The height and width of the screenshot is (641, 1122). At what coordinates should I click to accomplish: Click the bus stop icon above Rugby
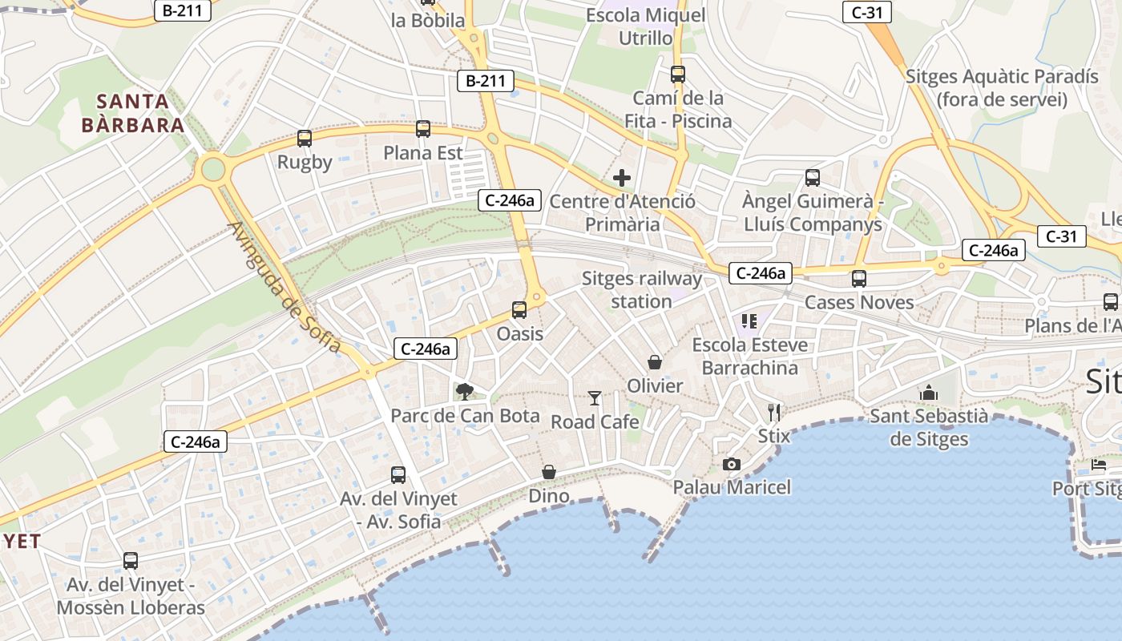pyautogui.click(x=305, y=138)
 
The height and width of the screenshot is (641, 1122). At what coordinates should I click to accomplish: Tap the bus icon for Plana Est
pyautogui.click(x=423, y=128)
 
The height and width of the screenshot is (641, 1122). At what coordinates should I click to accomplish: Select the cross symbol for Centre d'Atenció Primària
pyautogui.click(x=622, y=178)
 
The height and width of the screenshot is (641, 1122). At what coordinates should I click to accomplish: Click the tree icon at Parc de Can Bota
pyautogui.click(x=464, y=391)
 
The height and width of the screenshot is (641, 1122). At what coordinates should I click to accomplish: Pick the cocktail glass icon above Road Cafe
pyautogui.click(x=595, y=397)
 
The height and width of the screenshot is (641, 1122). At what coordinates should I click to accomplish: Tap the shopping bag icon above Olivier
pyautogui.click(x=655, y=362)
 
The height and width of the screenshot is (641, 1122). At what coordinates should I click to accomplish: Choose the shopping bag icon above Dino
pyautogui.click(x=549, y=472)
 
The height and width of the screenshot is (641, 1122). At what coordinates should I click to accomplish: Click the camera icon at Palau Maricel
pyautogui.click(x=731, y=464)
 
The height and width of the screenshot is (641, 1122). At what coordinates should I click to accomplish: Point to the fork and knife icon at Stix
pyautogui.click(x=774, y=412)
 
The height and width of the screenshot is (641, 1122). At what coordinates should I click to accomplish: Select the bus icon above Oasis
pyautogui.click(x=519, y=309)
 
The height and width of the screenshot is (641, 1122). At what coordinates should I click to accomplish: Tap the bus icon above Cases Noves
pyautogui.click(x=859, y=278)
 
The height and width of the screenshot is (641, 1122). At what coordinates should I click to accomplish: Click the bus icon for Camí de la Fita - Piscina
pyautogui.click(x=678, y=74)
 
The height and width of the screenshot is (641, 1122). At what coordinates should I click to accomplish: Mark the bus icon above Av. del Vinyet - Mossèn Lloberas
pyautogui.click(x=131, y=561)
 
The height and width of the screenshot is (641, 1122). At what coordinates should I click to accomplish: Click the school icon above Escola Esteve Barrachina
pyautogui.click(x=749, y=321)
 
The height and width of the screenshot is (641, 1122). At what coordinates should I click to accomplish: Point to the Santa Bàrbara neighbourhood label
pyautogui.click(x=133, y=114)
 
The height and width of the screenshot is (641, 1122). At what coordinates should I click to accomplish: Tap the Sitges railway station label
pyautogui.click(x=641, y=290)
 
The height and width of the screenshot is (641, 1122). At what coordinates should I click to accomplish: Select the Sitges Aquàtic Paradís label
pyautogui.click(x=1002, y=88)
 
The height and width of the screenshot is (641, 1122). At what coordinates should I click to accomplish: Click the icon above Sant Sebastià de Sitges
pyautogui.click(x=929, y=393)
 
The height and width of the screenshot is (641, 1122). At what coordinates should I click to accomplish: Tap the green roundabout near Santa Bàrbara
pyautogui.click(x=213, y=169)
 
